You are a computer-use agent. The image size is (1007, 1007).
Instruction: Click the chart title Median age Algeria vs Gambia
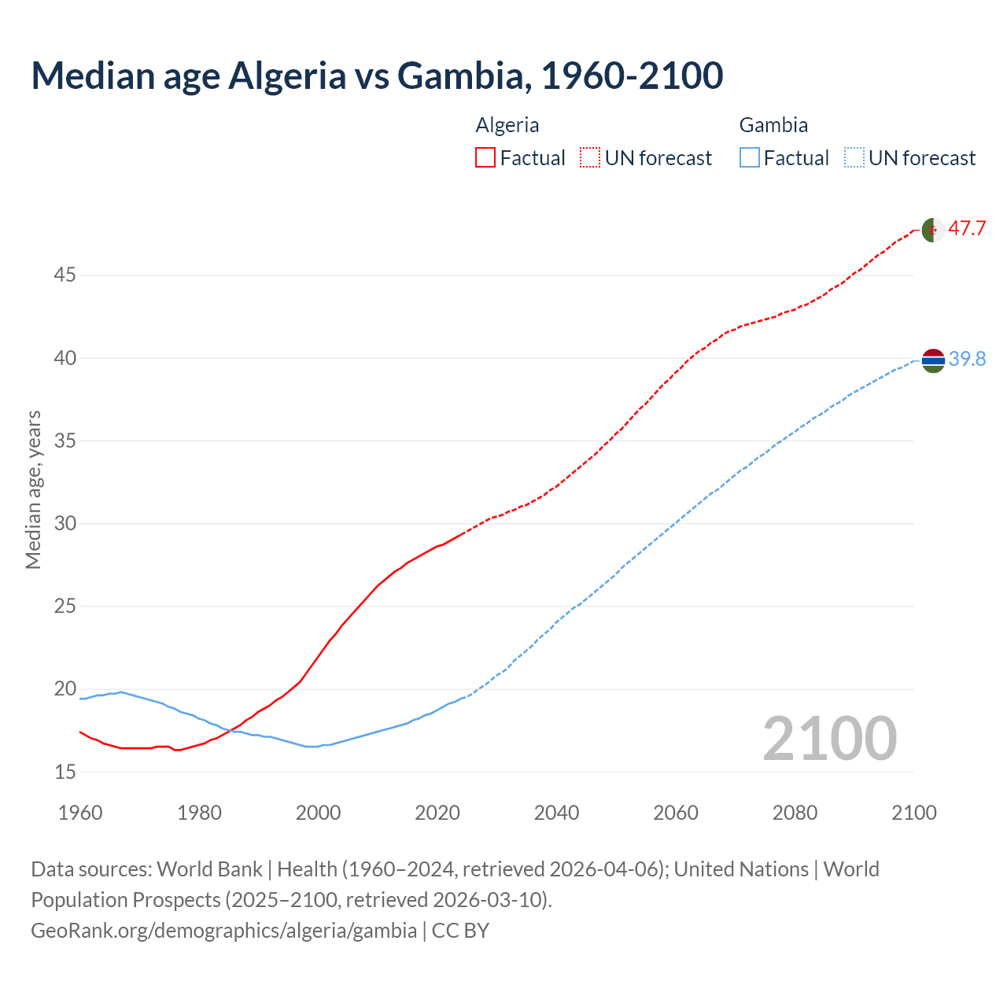(x=376, y=76)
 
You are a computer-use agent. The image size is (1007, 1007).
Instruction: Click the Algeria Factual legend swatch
(x=485, y=157)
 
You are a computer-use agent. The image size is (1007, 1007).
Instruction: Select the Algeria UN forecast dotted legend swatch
(x=590, y=157)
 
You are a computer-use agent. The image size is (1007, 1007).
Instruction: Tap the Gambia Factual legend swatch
(x=750, y=157)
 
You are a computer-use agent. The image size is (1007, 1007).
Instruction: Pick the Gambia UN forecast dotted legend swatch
(x=854, y=157)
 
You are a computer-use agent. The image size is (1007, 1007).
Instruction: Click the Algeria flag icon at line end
(x=932, y=230)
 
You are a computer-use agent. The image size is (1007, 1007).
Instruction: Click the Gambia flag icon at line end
(x=932, y=360)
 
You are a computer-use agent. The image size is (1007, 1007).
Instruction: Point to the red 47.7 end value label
(x=967, y=229)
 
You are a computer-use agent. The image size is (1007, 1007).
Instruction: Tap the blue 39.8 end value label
(x=967, y=360)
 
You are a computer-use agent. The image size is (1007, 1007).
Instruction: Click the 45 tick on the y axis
(x=65, y=275)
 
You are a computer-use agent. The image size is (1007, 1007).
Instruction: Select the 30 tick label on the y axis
(x=65, y=523)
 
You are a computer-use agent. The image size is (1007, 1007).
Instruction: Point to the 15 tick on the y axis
(x=65, y=772)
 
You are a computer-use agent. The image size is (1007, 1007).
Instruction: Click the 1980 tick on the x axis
(x=199, y=813)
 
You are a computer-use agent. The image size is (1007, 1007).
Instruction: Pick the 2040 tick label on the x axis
(x=556, y=813)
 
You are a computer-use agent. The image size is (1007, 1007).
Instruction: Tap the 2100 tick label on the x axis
(x=913, y=813)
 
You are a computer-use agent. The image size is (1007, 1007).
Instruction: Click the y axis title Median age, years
(x=33, y=489)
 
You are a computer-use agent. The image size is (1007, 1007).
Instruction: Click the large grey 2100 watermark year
(x=829, y=738)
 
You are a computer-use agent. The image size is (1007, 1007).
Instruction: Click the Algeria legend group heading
(x=507, y=125)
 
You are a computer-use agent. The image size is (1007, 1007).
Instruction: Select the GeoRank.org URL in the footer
(x=223, y=931)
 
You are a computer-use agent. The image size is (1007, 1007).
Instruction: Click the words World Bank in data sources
(x=209, y=869)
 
